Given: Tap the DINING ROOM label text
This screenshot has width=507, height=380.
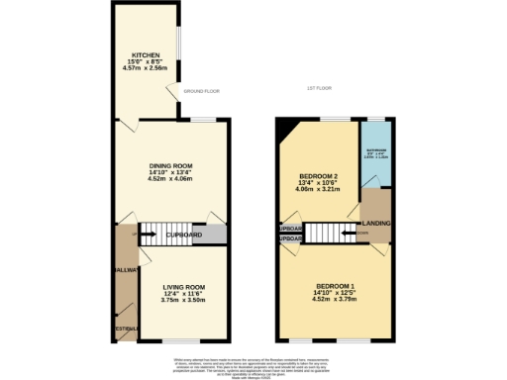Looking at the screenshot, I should [169, 165].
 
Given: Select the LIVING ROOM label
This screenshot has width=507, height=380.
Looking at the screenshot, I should [183, 287].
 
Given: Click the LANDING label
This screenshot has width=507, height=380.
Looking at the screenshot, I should [376, 224].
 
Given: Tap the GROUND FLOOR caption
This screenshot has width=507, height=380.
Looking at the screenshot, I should [201, 90].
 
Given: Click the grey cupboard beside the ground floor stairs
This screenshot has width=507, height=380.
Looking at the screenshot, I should [212, 236].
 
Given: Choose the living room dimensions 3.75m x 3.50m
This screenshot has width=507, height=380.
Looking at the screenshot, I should [183, 300].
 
